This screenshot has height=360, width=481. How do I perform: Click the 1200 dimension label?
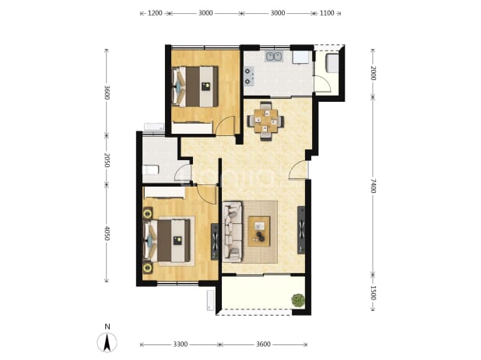click(x=155, y=13)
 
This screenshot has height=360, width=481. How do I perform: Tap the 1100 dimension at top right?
click(x=327, y=13)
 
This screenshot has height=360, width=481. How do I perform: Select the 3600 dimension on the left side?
click(x=107, y=93)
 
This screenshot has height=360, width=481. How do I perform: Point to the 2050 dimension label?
click(x=107, y=160)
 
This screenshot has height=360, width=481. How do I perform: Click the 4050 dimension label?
click(x=107, y=233)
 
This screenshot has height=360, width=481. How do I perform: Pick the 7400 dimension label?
click(x=373, y=186)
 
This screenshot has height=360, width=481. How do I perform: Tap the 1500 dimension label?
click(x=373, y=293)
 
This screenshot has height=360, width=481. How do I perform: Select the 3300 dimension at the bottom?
click(x=180, y=344)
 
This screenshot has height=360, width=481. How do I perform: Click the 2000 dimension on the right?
click(x=373, y=73)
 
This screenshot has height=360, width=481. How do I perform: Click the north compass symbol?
click(x=107, y=340)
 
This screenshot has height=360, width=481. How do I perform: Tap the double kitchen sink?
click(x=274, y=57)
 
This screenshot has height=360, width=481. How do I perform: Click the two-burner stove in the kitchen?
click(x=249, y=76)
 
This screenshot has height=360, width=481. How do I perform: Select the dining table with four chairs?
click(x=265, y=121)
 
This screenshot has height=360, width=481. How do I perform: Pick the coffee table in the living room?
click(x=259, y=232)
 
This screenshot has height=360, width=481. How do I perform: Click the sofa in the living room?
click(x=233, y=232)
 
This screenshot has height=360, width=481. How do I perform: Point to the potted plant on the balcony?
click(x=298, y=300)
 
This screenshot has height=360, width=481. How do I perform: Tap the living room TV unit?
click(x=301, y=230)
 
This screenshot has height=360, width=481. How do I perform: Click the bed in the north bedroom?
click(x=195, y=87)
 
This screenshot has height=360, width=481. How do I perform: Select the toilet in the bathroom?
click(x=150, y=170)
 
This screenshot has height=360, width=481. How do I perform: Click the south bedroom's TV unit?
click(x=215, y=242)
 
